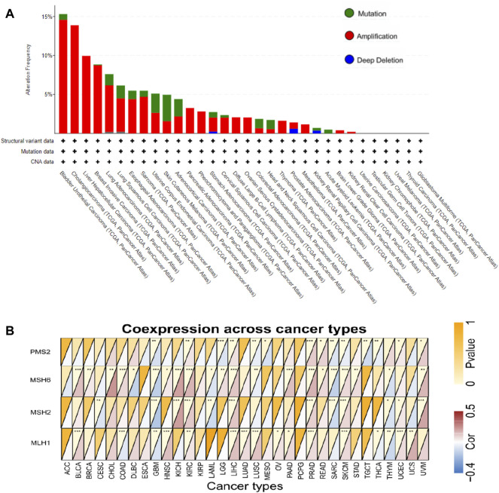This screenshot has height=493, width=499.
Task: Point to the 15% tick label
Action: pos(47,17)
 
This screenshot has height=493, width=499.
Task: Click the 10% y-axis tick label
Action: pos(47,56)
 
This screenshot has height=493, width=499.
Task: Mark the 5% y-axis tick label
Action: pos(49,94)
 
